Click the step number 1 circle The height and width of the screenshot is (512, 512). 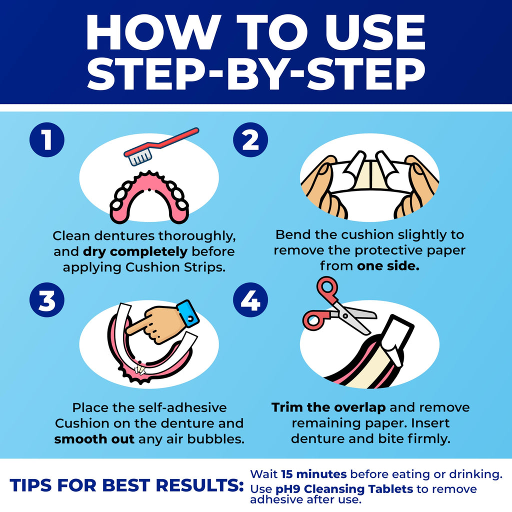point(46,140)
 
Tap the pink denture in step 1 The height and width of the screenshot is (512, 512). point(148,197)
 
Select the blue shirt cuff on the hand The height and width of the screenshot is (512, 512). point(187,312)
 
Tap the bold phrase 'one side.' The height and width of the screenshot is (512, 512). point(387,266)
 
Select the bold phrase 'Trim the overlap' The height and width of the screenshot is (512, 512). point(328,407)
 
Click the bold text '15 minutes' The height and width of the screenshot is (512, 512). point(314,473)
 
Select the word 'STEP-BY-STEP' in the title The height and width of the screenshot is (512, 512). point(255,73)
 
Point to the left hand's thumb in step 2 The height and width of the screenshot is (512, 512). point(325,170)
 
